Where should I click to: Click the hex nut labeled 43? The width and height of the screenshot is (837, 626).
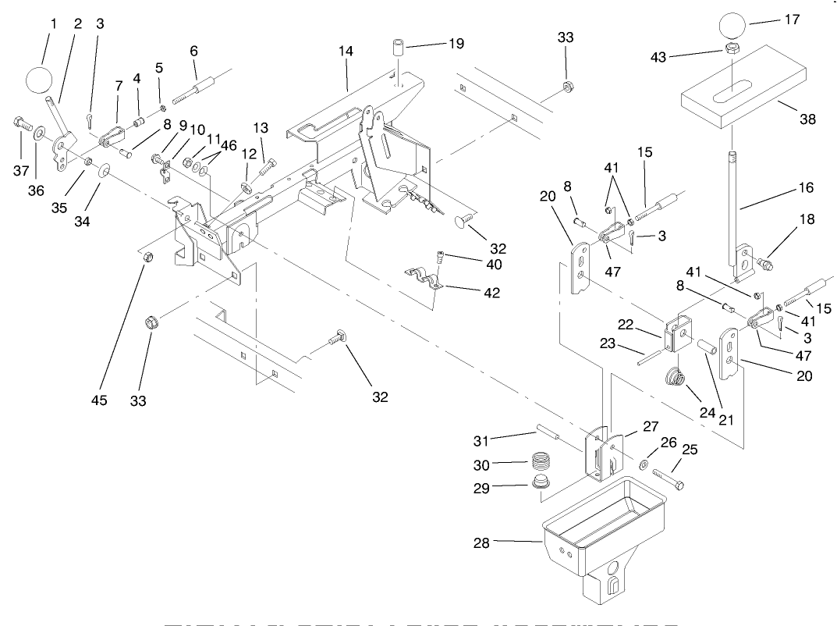[732, 48]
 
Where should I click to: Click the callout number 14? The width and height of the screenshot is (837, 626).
[346, 52]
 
